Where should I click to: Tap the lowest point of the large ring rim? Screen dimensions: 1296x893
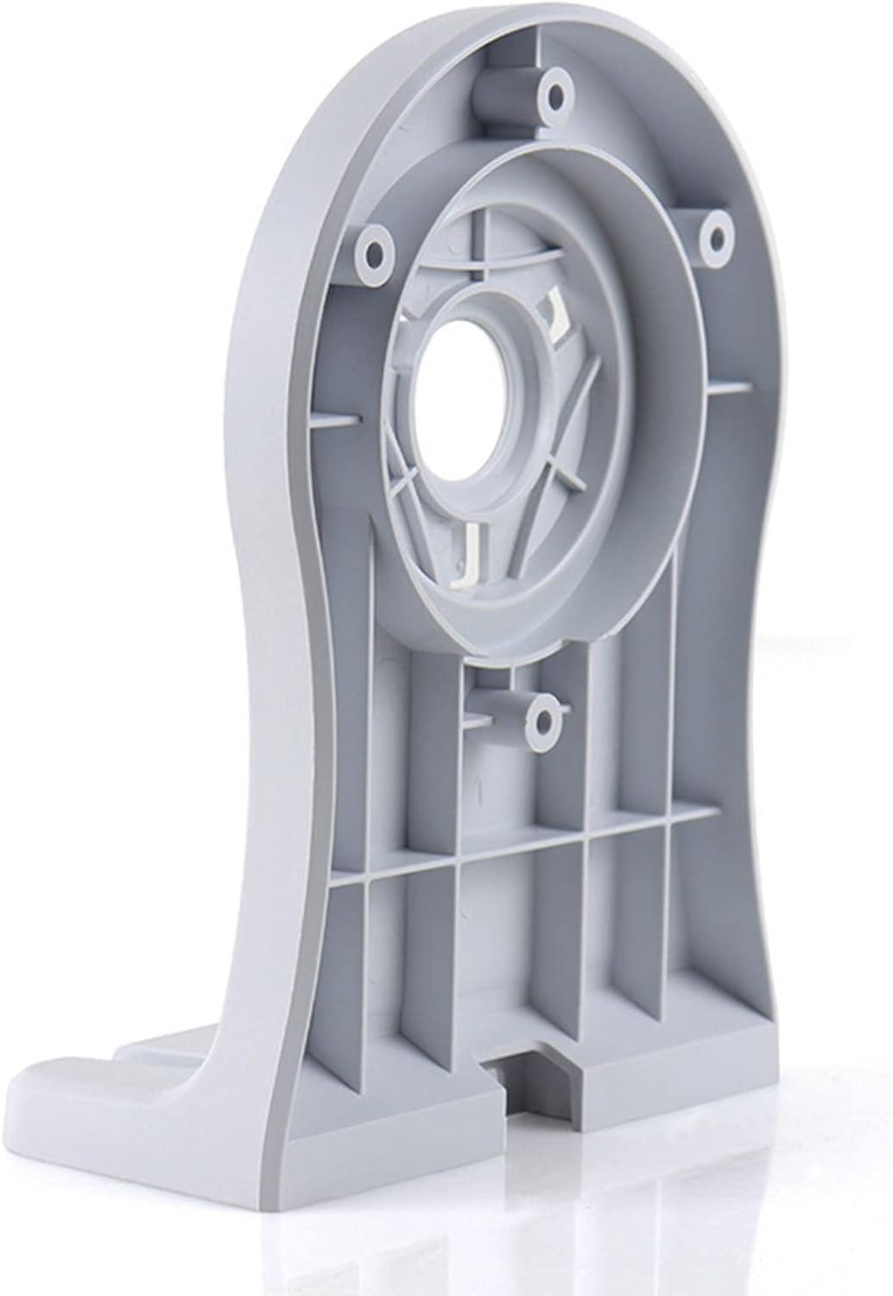[x=518, y=657]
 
